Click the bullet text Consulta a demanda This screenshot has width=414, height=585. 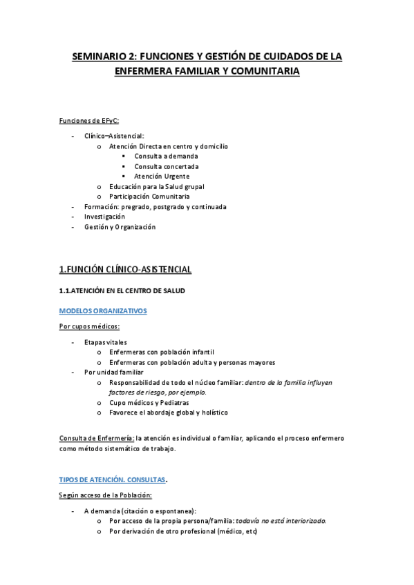tap(165, 156)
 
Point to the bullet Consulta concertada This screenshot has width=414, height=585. tap(167, 166)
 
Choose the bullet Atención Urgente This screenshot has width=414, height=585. tap(162, 176)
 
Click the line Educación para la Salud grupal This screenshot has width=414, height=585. tap(156, 186)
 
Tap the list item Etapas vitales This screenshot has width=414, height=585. tap(105, 342)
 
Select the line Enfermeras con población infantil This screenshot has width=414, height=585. tap(162, 352)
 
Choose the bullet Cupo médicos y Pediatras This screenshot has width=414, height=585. tap(149, 402)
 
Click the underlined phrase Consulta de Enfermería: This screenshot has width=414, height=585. tap(95, 438)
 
